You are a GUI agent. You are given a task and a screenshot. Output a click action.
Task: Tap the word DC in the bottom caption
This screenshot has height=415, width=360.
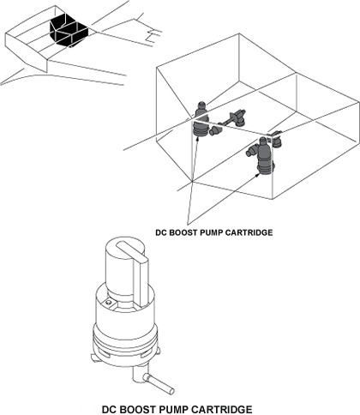tap(109, 409)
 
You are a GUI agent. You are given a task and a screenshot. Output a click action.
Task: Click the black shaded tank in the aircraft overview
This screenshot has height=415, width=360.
tap(69, 30)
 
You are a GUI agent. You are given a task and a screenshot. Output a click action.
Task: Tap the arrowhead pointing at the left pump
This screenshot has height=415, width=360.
tap(197, 138)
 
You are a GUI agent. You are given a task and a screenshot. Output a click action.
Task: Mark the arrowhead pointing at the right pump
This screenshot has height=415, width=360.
tap(258, 173)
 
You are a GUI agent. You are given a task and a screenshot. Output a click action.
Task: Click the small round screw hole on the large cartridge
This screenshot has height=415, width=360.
tap(108, 303)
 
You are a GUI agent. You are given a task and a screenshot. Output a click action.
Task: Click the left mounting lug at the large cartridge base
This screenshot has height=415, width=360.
tap(94, 358)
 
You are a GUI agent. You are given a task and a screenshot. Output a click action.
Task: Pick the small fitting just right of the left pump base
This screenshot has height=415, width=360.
tap(214, 131)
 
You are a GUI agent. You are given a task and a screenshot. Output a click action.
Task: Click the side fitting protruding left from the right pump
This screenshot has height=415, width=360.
tap(251, 151)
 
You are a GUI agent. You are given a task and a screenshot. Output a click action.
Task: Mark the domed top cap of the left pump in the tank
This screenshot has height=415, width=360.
tap(201, 105)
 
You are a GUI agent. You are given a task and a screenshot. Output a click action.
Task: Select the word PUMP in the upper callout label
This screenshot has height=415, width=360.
tap(211, 232)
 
